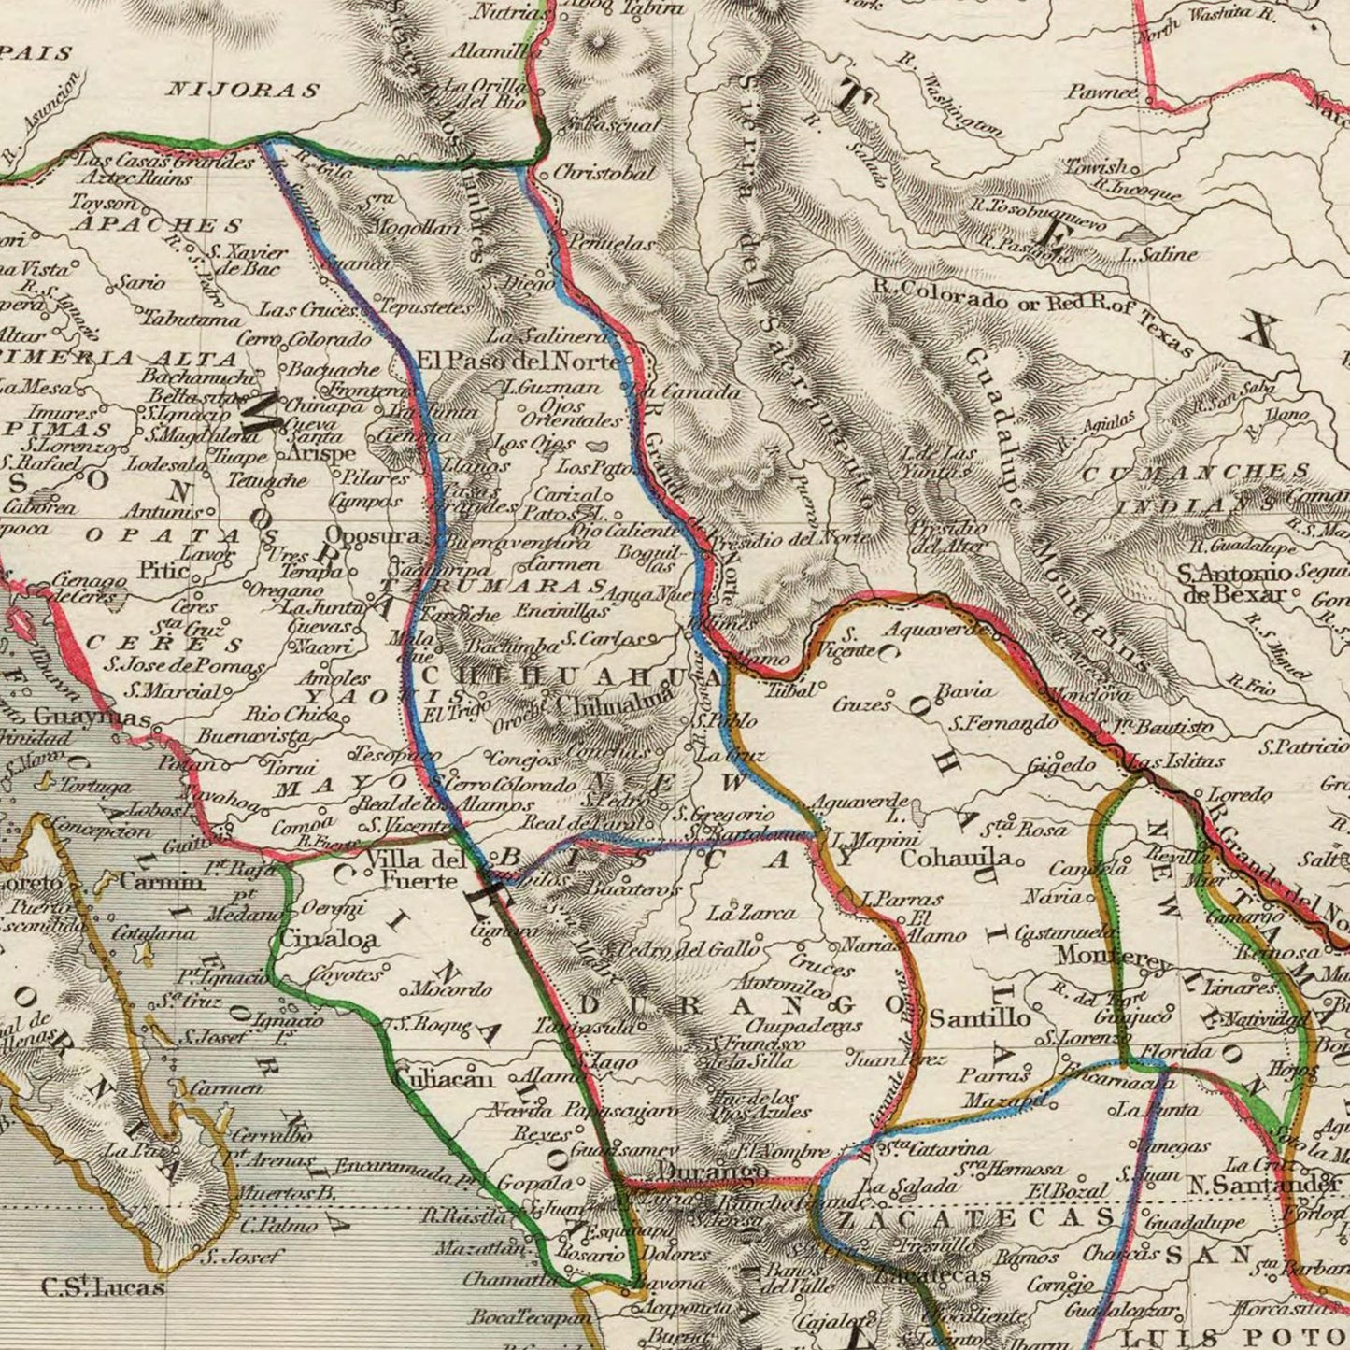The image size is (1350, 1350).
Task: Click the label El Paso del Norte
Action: pos(519,361)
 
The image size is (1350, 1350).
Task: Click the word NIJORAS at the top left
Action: pos(242,91)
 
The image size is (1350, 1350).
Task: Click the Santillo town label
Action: pos(979,1017)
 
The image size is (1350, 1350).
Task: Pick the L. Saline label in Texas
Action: pos(1158,254)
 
